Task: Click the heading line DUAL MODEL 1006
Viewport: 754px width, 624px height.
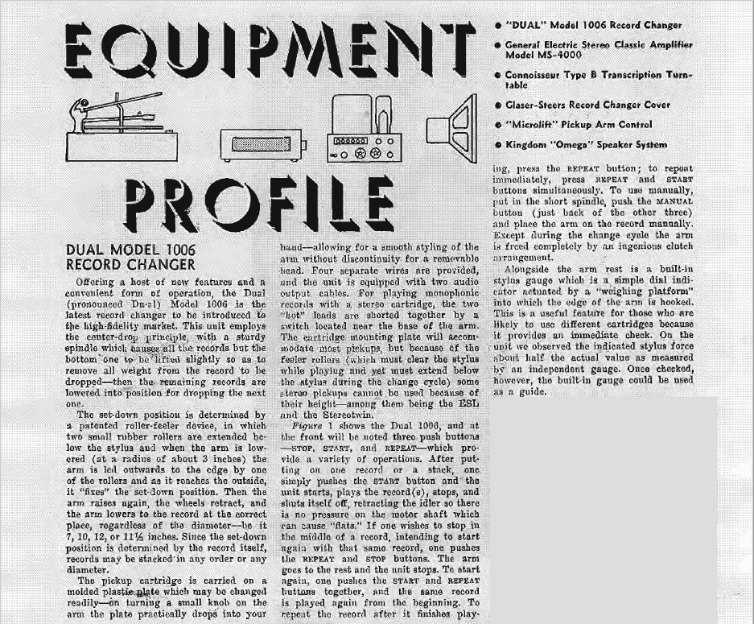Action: click(130, 250)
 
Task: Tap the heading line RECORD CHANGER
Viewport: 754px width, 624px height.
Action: click(130, 264)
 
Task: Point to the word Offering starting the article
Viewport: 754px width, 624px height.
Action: click(101, 283)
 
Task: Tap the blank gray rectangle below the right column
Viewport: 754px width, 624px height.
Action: click(620, 507)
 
